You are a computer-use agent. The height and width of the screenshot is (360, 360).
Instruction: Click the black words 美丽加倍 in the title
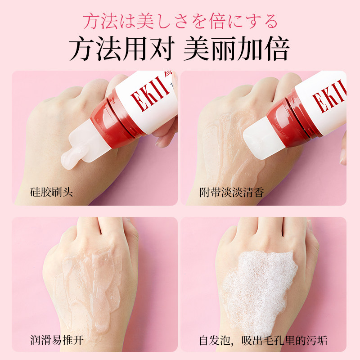(x=236, y=49)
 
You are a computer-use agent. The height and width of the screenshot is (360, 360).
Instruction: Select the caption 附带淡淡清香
(x=232, y=193)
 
